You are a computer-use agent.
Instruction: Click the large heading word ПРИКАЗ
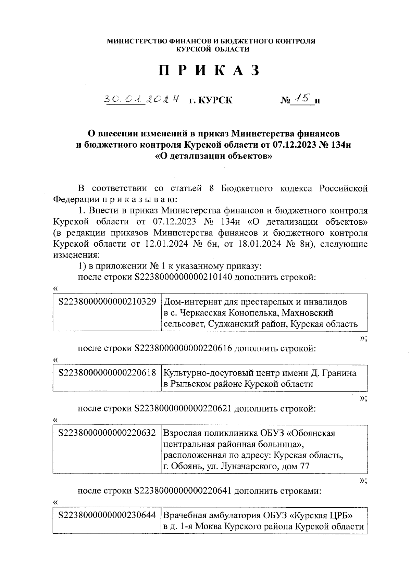(209, 70)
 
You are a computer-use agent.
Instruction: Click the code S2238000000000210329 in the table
(107, 302)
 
